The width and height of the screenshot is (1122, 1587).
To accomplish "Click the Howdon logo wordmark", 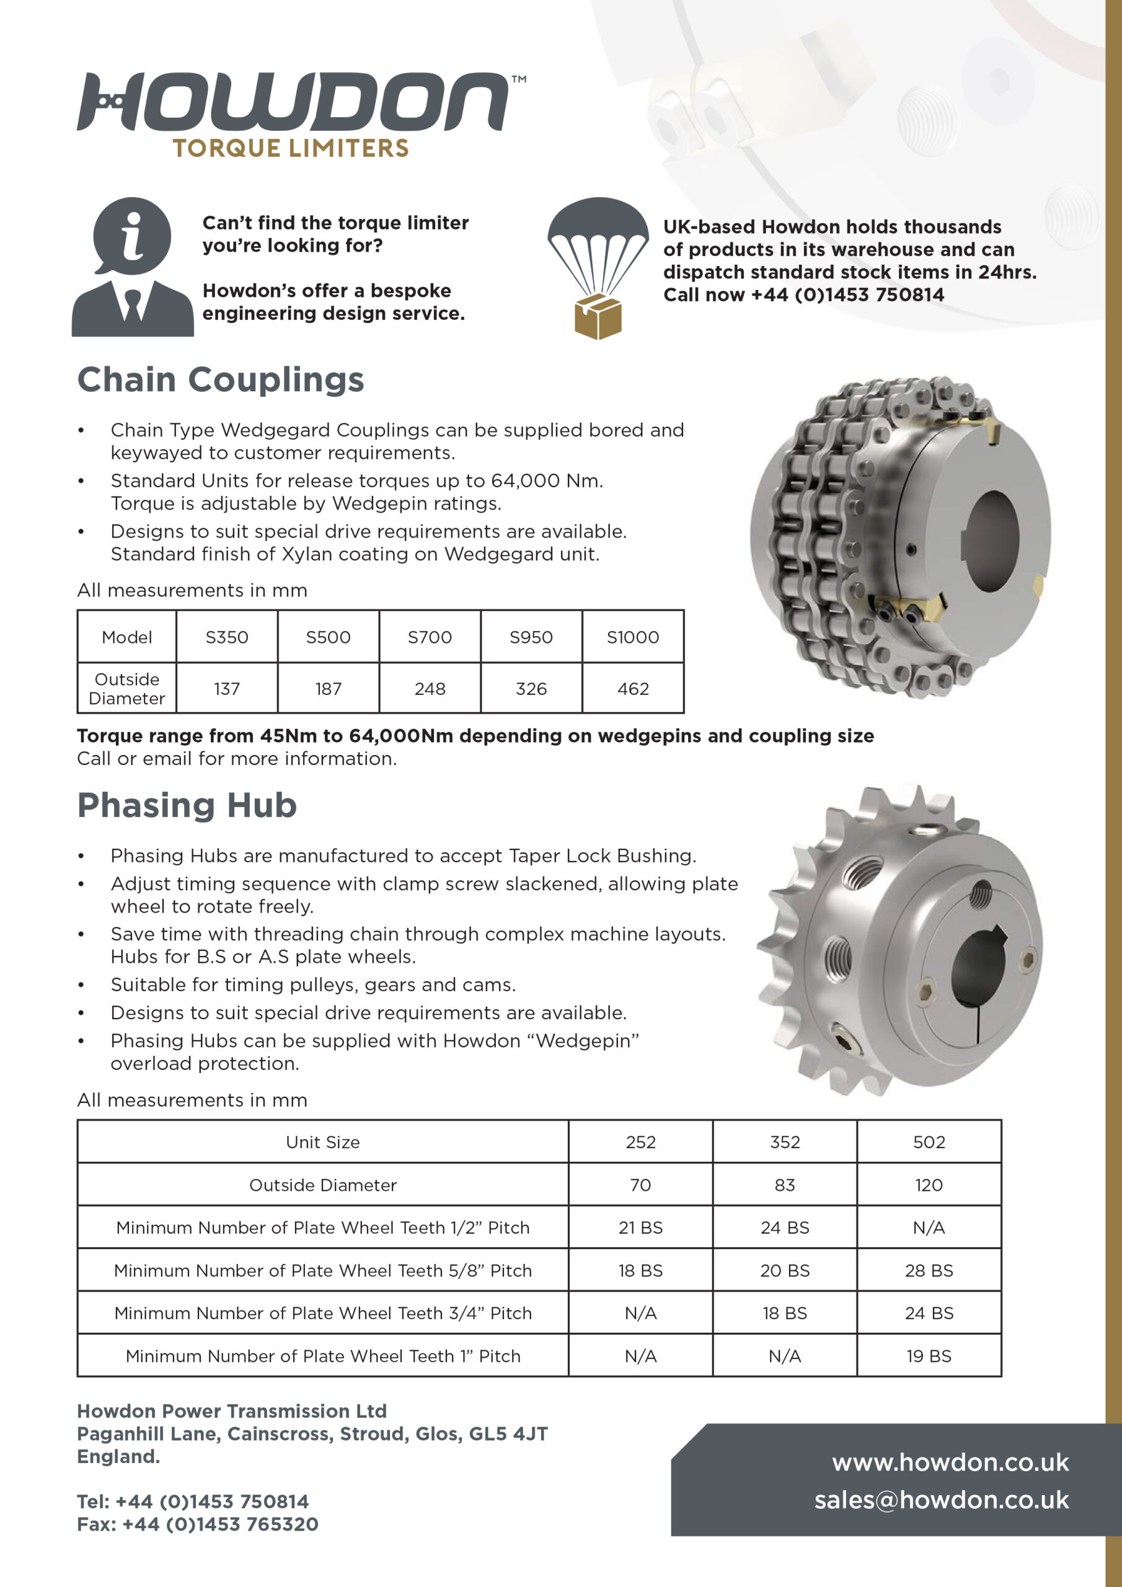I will point(294,102).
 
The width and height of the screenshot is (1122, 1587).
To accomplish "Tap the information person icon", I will point(132,266).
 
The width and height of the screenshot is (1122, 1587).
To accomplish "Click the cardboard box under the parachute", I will point(598,317).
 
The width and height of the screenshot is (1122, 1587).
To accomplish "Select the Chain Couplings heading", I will point(221,379).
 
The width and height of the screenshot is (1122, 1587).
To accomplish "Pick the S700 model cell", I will point(430,637).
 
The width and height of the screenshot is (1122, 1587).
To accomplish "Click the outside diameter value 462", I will point(632,689).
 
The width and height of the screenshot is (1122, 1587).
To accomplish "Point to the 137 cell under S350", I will point(227,689).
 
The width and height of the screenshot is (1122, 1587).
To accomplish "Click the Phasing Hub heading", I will point(187,805).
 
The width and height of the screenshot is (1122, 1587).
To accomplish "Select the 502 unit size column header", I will point(929,1142).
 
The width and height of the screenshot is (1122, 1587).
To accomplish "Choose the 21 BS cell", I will point(640,1227).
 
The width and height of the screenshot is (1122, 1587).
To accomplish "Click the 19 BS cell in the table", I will point(929,1356).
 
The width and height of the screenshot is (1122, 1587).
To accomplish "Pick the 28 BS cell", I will point(929,1270).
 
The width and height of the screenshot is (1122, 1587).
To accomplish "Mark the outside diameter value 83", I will point(785,1185).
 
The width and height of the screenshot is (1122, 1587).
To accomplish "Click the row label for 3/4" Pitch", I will point(323,1313).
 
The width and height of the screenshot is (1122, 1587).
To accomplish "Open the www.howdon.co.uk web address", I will point(950,1462).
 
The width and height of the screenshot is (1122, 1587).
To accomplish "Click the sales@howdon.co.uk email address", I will point(941,1500).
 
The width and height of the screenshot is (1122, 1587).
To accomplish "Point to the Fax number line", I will point(198,1524).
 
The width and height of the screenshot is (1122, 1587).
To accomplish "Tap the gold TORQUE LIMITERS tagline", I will point(290,148).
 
